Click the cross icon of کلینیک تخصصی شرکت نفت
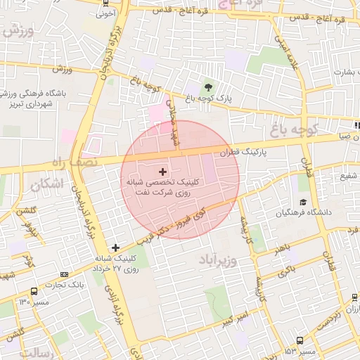[162, 171]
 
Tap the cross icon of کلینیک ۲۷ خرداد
[116, 247]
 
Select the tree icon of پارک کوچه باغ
[209, 87]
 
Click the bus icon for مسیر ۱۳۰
[34, 291]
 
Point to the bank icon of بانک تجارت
[65, 276]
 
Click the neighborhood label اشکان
[47, 184]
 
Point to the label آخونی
[105, 13]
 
